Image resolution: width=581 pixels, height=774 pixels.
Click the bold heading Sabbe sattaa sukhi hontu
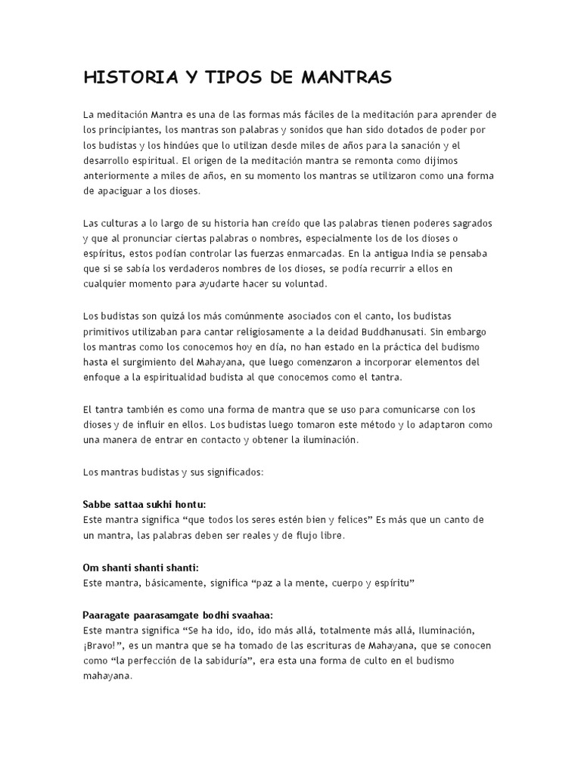(144, 503)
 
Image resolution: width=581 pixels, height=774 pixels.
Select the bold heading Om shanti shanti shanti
(140, 567)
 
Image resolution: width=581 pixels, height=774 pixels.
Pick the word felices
(351, 519)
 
